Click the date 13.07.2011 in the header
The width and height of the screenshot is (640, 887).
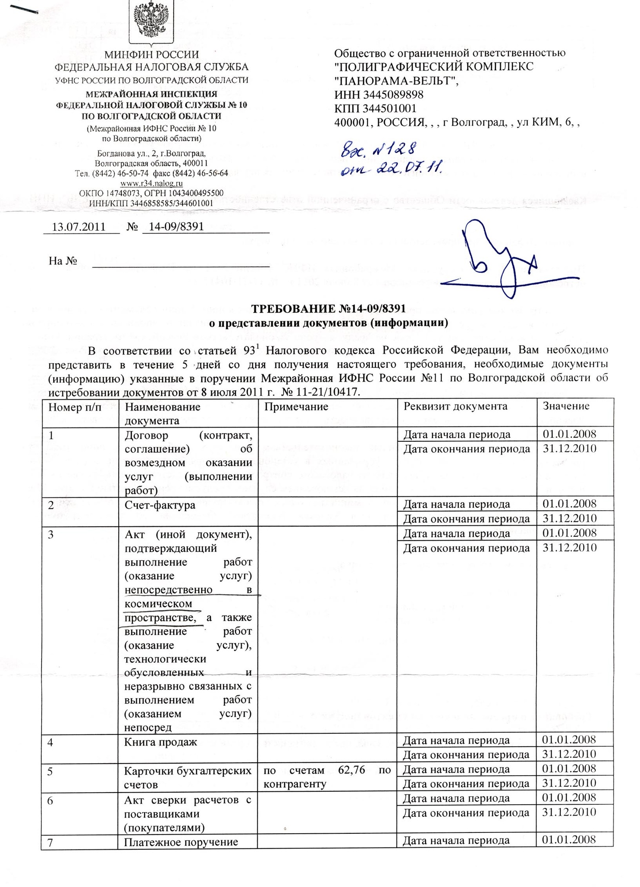(79, 227)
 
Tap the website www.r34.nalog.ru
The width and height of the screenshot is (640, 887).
(151, 183)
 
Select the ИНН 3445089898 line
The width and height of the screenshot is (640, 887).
(379, 94)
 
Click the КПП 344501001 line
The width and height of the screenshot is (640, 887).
(375, 108)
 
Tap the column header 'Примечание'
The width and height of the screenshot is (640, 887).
(296, 407)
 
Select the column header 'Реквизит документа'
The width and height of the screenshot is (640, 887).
(455, 406)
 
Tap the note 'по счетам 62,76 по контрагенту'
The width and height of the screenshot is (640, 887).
(327, 777)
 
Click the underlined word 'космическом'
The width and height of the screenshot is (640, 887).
(158, 603)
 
